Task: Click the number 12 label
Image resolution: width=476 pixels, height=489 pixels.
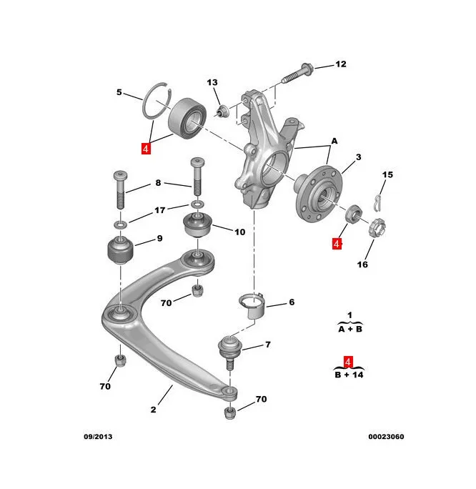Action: (340, 64)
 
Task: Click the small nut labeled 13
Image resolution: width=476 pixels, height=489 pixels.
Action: (222, 110)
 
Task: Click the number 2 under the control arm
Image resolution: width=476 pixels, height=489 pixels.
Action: (153, 410)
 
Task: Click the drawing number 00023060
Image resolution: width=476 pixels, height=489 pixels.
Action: (385, 436)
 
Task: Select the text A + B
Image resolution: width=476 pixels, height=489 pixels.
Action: (349, 330)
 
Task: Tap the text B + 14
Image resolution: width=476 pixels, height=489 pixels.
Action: (349, 374)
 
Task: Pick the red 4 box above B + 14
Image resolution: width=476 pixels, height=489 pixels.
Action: (349, 361)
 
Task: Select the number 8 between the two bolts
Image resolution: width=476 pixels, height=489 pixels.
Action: (159, 184)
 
